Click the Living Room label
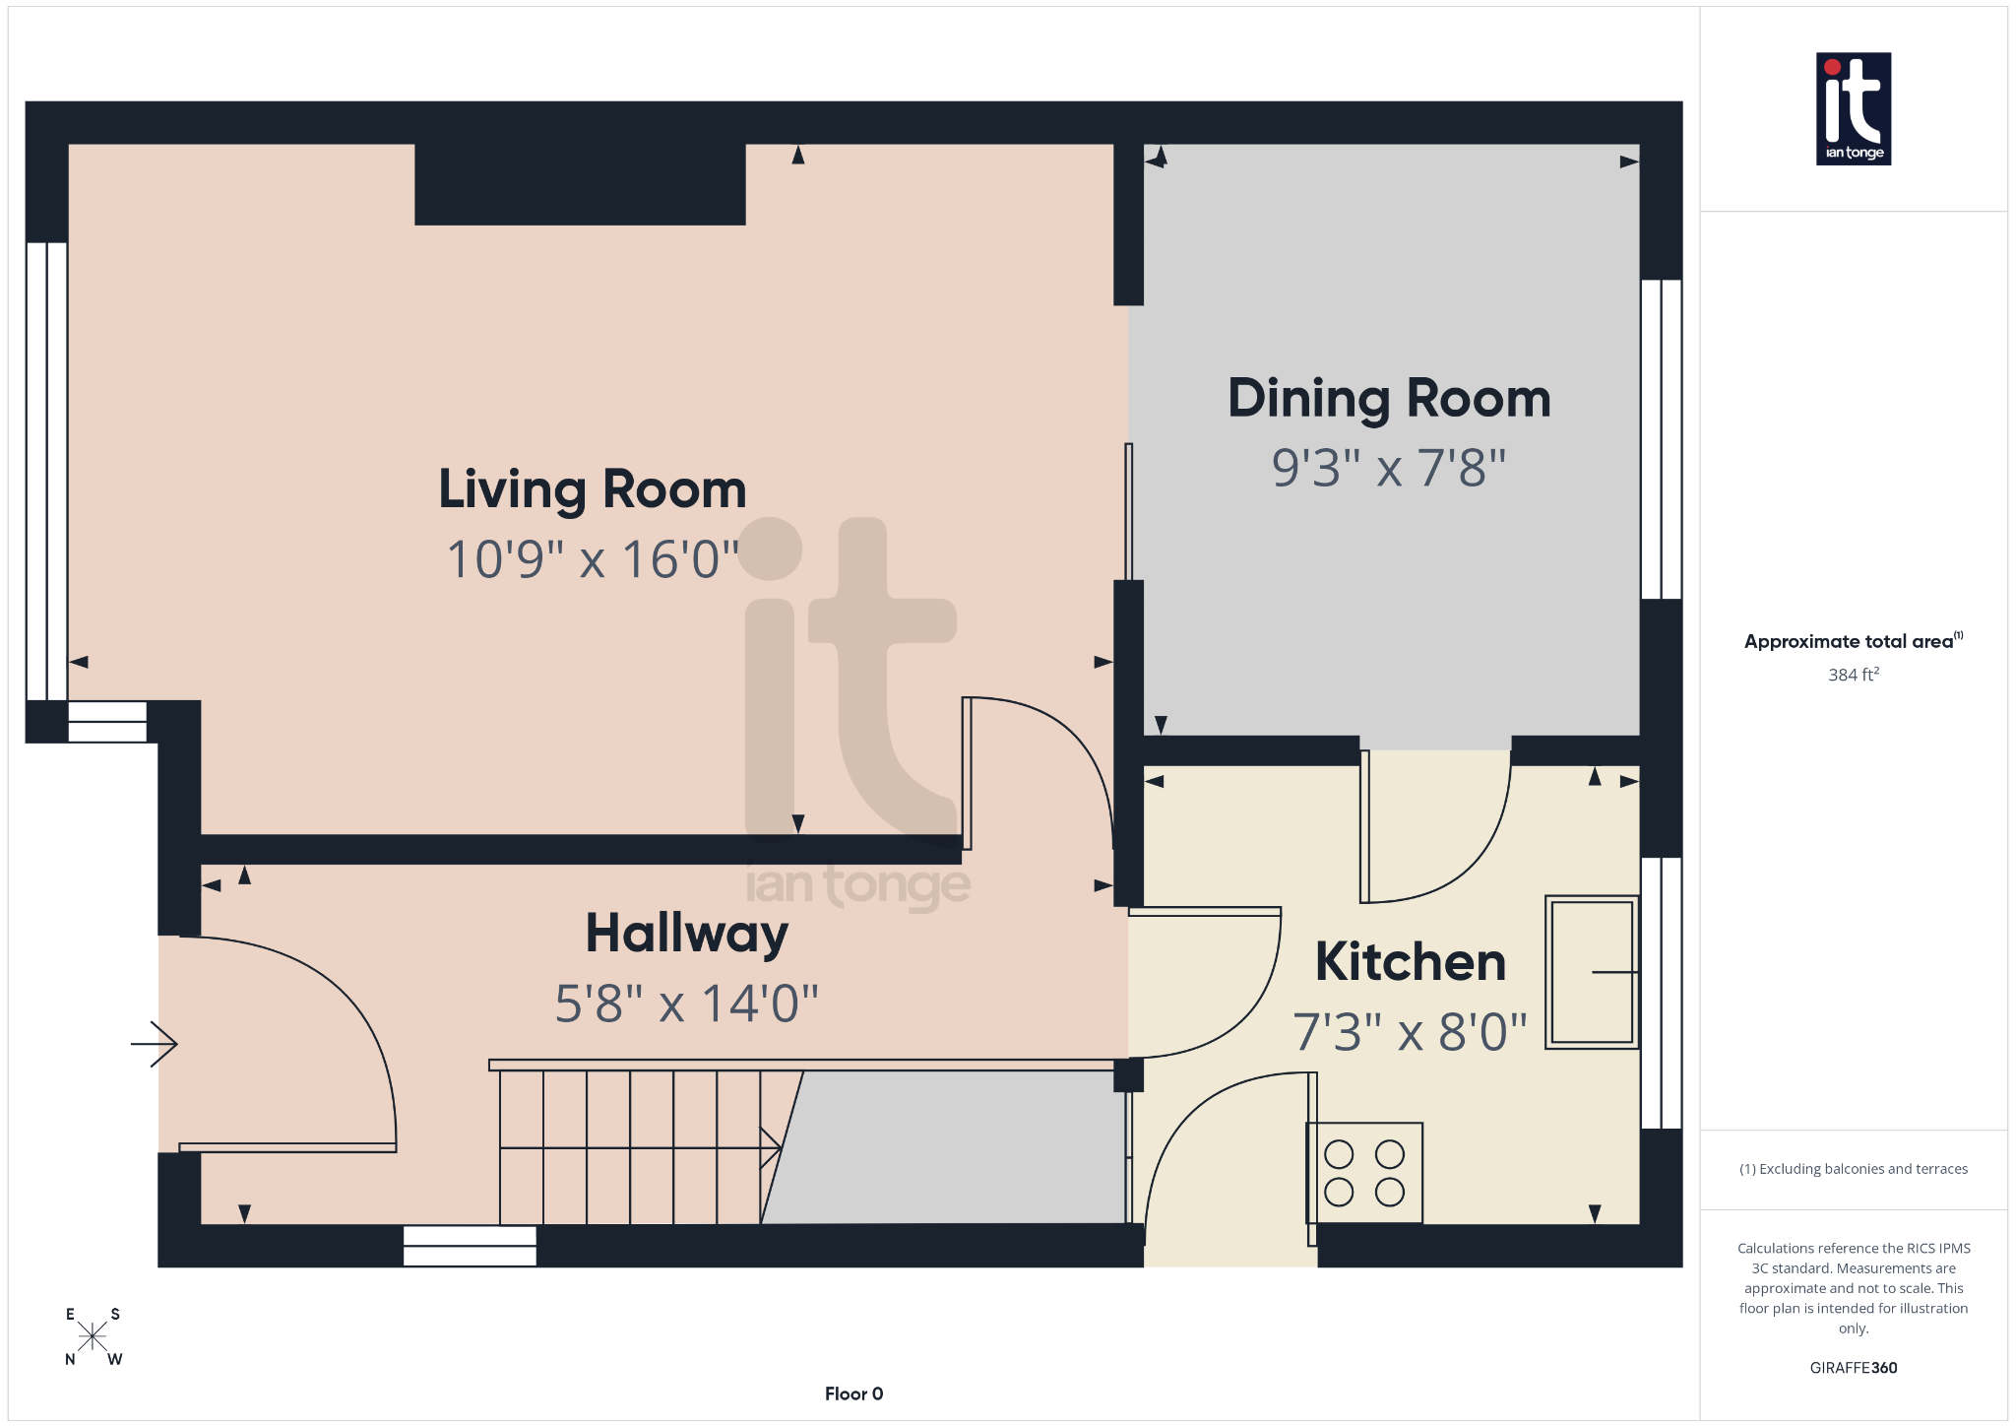click(592, 490)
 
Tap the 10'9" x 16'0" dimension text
click(592, 559)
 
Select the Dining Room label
click(1388, 400)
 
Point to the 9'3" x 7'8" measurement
click(1388, 468)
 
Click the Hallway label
click(686, 934)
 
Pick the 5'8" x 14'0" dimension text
click(686, 1005)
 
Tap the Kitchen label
click(1410, 962)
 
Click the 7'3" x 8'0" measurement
click(1410, 1032)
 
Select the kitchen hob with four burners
click(1364, 1173)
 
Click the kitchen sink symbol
click(1591, 972)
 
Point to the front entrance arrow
click(155, 1044)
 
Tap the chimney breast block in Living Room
click(580, 184)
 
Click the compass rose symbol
click(93, 1336)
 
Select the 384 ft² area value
click(1853, 676)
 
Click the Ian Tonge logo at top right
click(1853, 108)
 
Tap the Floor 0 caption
click(853, 1394)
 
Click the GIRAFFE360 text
click(1853, 1368)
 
